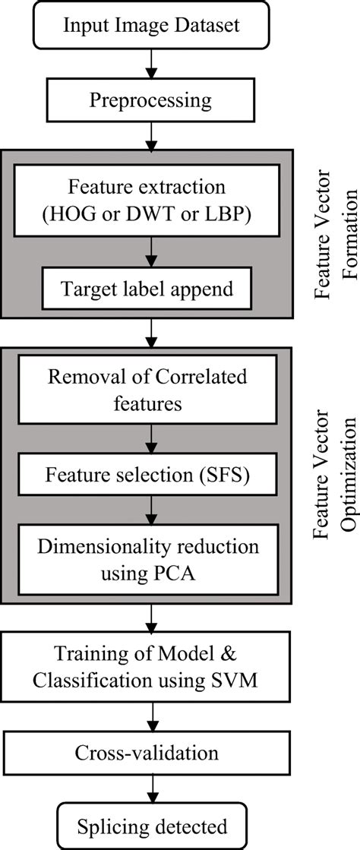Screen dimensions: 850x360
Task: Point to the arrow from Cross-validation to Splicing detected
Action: [x=155, y=789]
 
